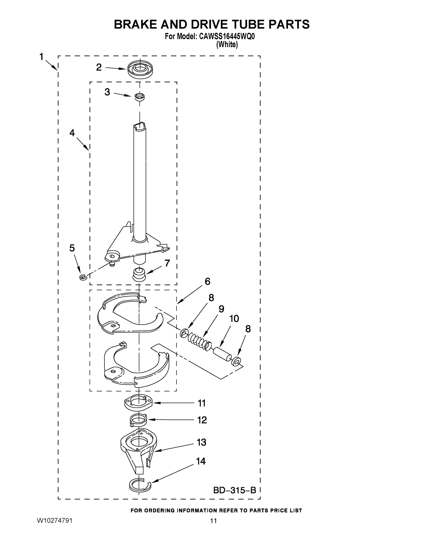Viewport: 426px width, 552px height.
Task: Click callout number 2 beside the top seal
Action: [x=99, y=67]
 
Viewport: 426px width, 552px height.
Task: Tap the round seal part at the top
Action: [x=140, y=69]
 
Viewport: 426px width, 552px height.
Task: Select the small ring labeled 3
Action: [x=139, y=97]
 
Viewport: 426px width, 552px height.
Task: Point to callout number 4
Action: [x=72, y=133]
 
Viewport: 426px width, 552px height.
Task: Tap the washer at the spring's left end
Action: [x=184, y=333]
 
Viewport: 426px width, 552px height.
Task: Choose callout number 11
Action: [x=202, y=403]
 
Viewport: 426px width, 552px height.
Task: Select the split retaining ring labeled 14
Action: [x=140, y=486]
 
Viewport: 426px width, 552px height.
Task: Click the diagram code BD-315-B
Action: [x=234, y=490]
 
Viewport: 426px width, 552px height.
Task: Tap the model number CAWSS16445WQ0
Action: [x=227, y=37]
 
